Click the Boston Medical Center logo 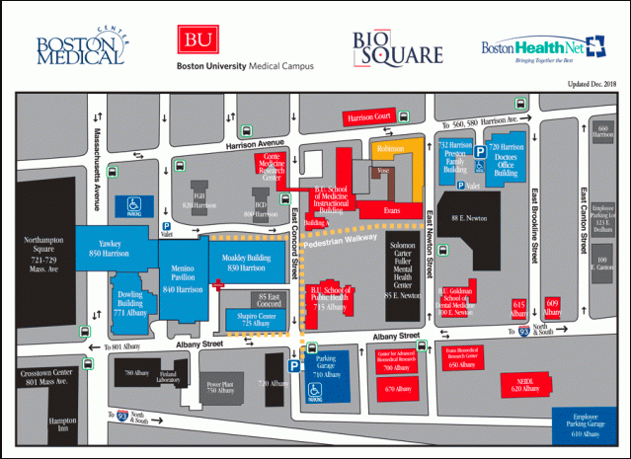(x=80, y=46)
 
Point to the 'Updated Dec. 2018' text (x=592, y=85)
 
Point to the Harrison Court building (x=367, y=118)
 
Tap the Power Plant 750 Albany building (x=218, y=387)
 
